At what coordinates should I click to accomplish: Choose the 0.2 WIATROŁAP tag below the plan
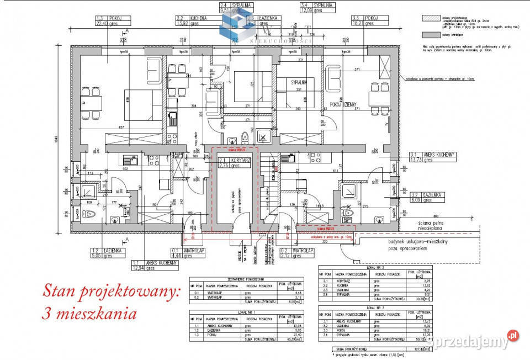click(x=299, y=253)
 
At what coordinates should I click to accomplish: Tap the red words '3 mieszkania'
click(x=89, y=314)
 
